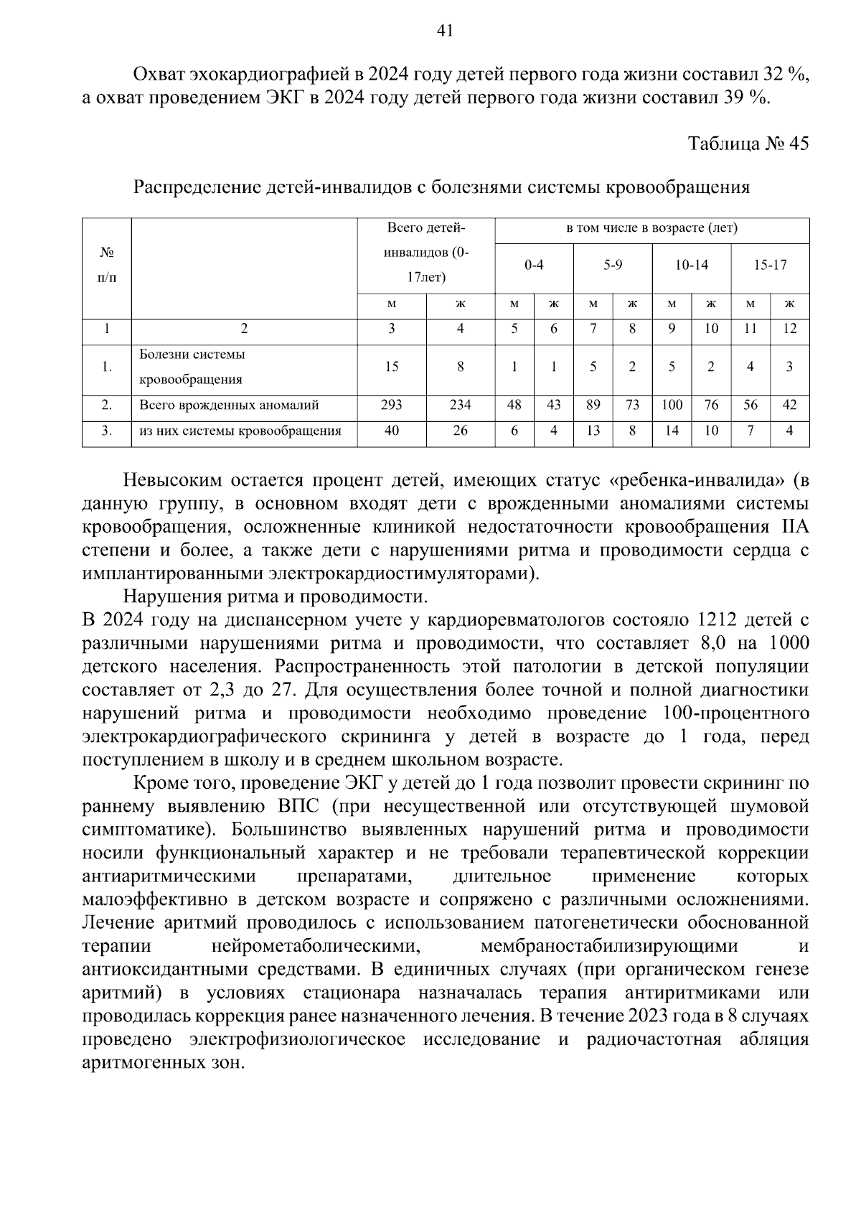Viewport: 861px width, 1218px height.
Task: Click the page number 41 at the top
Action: (444, 30)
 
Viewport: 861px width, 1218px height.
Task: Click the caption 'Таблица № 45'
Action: (748, 143)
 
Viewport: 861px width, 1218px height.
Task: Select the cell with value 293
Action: (391, 406)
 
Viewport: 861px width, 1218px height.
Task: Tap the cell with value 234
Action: (460, 406)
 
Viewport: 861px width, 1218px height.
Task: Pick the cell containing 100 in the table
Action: (672, 406)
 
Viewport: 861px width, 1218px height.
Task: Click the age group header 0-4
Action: (533, 266)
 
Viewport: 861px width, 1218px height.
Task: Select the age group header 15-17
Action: (770, 266)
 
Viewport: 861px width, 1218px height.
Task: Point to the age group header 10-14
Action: (691, 266)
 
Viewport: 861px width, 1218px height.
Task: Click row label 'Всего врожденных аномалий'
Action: (229, 406)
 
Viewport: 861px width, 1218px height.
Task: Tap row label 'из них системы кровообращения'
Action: (240, 431)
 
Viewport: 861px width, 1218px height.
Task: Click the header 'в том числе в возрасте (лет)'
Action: (651, 229)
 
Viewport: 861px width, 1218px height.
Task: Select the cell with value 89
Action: (593, 406)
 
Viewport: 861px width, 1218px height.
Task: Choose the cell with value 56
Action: (750, 406)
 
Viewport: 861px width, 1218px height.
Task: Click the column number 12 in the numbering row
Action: (789, 329)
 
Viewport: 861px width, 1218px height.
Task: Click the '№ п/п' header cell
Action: (106, 266)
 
